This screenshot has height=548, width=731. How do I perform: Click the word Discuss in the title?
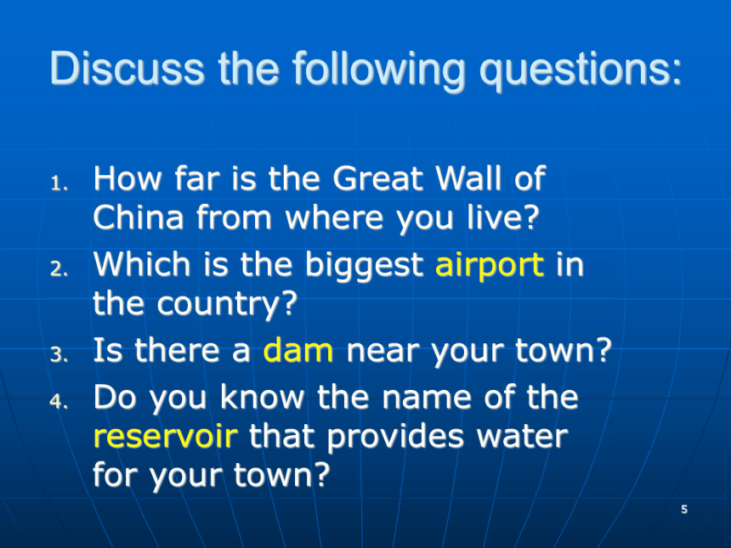pos(127,69)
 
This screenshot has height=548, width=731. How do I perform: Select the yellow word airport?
pos(490,267)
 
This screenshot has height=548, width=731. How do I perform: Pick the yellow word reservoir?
pos(166,436)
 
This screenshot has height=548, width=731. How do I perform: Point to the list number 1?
pos(59,184)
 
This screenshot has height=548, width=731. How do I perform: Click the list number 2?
pos(59,268)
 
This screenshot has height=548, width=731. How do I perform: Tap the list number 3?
pos(59,354)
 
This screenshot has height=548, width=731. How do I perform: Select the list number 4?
pos(59,400)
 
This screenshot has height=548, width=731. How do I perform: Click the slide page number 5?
pos(684,509)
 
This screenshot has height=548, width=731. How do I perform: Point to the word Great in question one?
pos(378,178)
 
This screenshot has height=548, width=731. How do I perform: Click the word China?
pos(139,218)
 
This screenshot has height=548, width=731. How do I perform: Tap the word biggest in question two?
pos(364,267)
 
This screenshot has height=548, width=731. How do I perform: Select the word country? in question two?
pos(227,305)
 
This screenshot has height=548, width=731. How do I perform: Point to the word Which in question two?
pos(142,264)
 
